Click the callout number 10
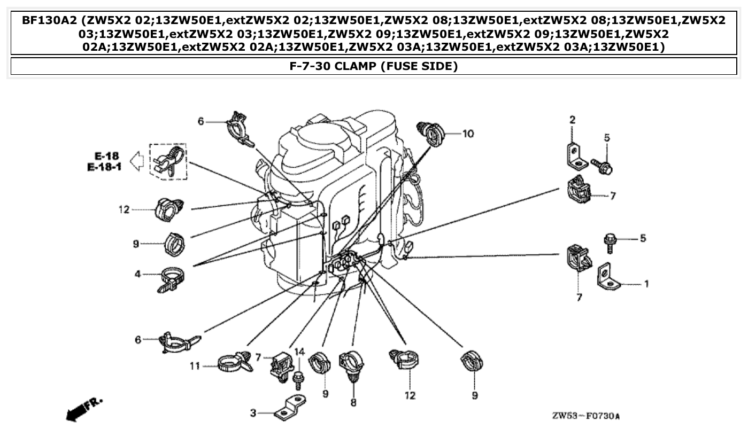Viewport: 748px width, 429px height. [468, 133]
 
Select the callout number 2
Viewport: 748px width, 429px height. [572, 120]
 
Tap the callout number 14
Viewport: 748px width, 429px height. [299, 352]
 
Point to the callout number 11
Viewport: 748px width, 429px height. [195, 366]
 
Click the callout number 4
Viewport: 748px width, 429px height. [137, 274]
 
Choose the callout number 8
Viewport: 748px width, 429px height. [353, 402]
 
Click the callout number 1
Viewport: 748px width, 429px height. [646, 284]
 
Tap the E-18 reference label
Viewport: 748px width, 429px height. [107, 156]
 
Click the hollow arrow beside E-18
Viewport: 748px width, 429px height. [137, 161]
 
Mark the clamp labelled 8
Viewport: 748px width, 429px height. [352, 366]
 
